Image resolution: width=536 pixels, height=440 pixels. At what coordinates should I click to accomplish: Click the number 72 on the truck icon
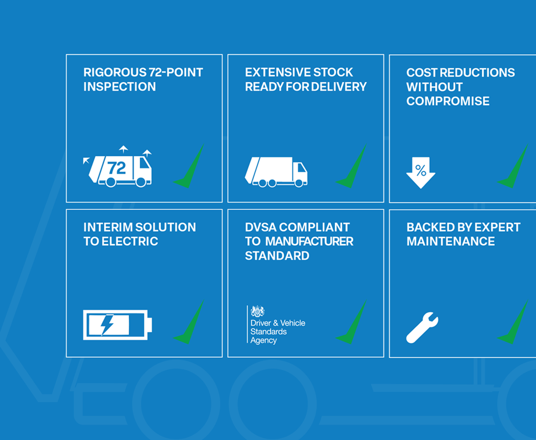117,168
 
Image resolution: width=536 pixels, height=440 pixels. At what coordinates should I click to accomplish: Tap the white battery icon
118,325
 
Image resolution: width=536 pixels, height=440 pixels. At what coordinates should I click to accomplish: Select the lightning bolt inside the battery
107,325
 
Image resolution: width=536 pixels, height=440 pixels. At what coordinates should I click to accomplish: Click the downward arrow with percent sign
421,173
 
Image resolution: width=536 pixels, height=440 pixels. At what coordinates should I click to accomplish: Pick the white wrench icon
422,327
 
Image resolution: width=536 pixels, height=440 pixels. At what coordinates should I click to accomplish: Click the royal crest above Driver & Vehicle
257,311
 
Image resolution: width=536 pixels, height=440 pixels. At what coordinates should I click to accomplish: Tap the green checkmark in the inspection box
189,166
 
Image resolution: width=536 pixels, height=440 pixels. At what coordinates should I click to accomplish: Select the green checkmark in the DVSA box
351,322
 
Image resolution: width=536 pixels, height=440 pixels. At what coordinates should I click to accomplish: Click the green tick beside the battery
189,322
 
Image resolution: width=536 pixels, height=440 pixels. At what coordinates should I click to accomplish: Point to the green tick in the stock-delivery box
351,166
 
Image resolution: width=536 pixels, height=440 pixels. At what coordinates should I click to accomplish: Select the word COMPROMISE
448,101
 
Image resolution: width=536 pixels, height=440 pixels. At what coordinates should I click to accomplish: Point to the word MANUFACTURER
309,242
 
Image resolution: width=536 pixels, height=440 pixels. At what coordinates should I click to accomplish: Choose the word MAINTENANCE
450,242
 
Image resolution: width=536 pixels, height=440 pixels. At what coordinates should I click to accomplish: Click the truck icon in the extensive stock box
276,172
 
